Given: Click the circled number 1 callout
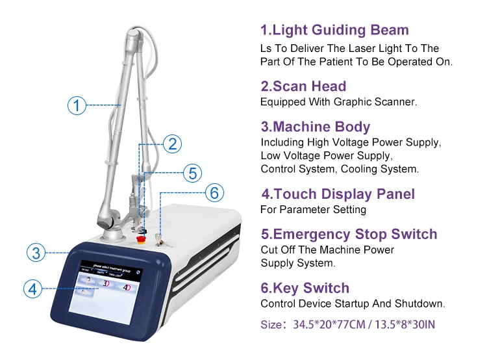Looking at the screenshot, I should [77, 104].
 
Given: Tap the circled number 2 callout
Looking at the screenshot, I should [171, 144].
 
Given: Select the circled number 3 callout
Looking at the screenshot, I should [37, 252].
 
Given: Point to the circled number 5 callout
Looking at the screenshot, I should [192, 173].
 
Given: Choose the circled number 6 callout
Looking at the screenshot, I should [215, 192].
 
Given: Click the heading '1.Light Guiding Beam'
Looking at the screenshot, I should [334, 30].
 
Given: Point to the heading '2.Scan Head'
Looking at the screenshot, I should [303, 86].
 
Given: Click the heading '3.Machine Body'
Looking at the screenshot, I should [315, 127].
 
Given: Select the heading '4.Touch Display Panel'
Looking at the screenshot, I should [338, 194].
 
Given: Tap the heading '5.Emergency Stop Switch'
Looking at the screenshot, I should [349, 234].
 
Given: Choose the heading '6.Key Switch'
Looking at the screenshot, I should [305, 288].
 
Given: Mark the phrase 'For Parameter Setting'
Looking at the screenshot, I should [313, 209].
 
